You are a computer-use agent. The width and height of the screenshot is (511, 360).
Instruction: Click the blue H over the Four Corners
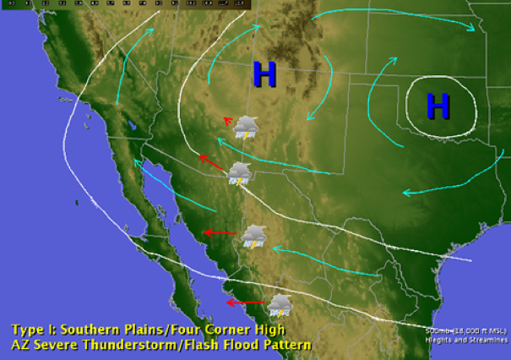coord(265,75)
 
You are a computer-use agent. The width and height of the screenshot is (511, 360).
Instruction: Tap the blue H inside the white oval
coord(438,106)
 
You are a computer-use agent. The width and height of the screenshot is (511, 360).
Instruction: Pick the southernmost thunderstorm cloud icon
coord(280,304)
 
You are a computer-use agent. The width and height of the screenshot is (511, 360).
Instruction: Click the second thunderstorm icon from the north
coord(240,173)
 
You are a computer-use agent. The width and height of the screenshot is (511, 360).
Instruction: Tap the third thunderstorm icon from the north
coord(254,236)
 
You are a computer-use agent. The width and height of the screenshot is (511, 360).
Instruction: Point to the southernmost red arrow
coord(245,302)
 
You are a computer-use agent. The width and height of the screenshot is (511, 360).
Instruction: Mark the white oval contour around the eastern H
coord(408,107)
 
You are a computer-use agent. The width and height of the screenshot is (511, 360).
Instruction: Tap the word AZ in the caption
coord(20,345)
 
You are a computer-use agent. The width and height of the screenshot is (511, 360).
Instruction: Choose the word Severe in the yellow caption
coord(57,345)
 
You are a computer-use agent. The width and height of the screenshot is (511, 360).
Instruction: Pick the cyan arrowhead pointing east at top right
coord(473,29)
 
